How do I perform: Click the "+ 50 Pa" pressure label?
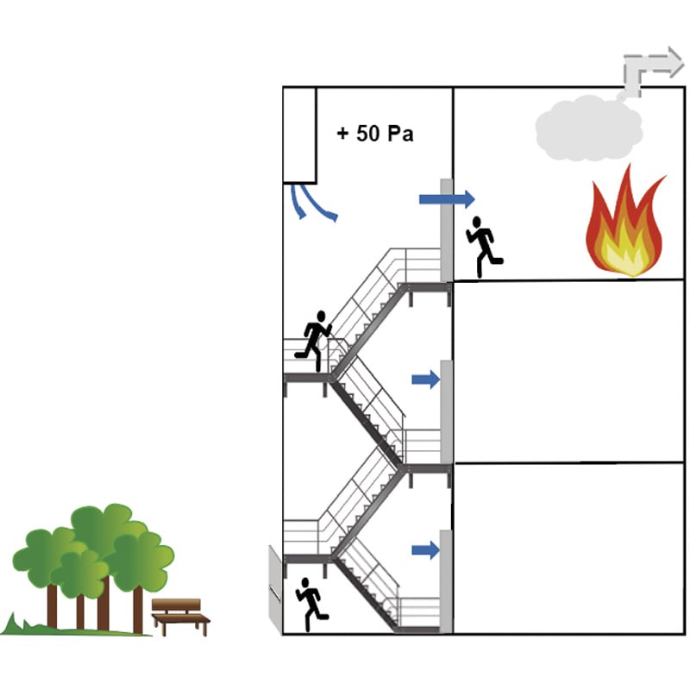(x=374, y=135)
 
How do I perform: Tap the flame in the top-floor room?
(x=625, y=227)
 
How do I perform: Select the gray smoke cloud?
(x=588, y=129)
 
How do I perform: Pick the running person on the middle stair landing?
(x=315, y=340)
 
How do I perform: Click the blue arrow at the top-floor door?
(x=446, y=199)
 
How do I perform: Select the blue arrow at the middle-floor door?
(x=425, y=379)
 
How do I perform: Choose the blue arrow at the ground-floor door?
(x=425, y=549)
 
